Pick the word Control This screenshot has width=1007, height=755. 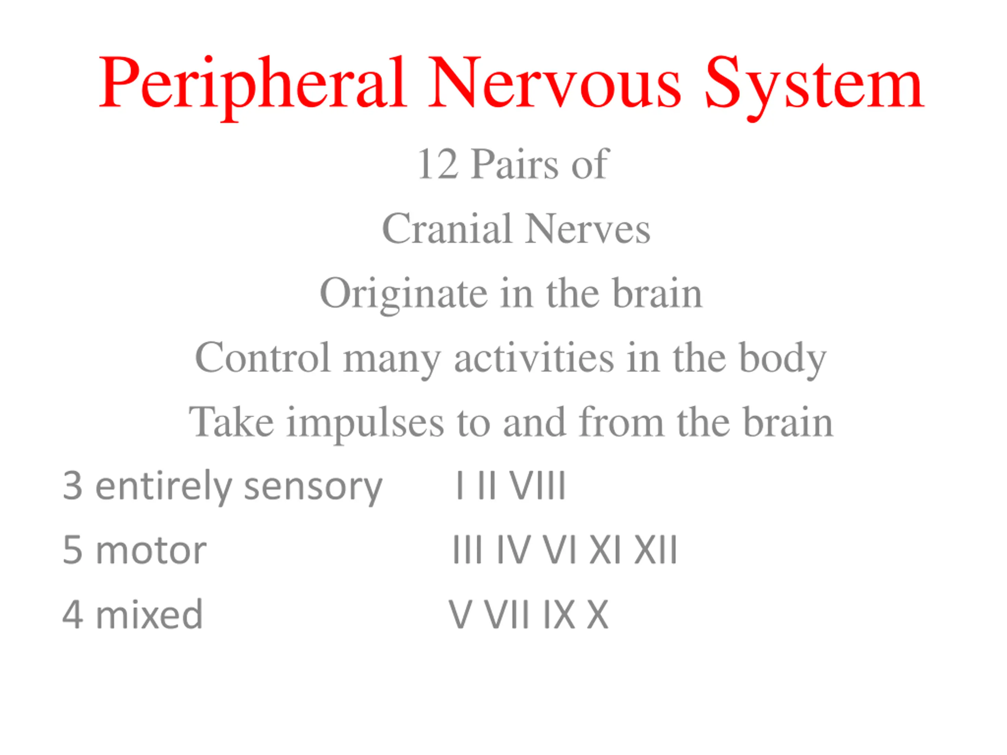[x=263, y=358]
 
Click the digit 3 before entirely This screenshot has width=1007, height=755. [x=73, y=486]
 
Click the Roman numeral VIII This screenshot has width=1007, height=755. [x=537, y=486]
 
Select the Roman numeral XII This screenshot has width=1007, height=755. [x=656, y=551]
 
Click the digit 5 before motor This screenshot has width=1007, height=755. [x=73, y=551]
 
